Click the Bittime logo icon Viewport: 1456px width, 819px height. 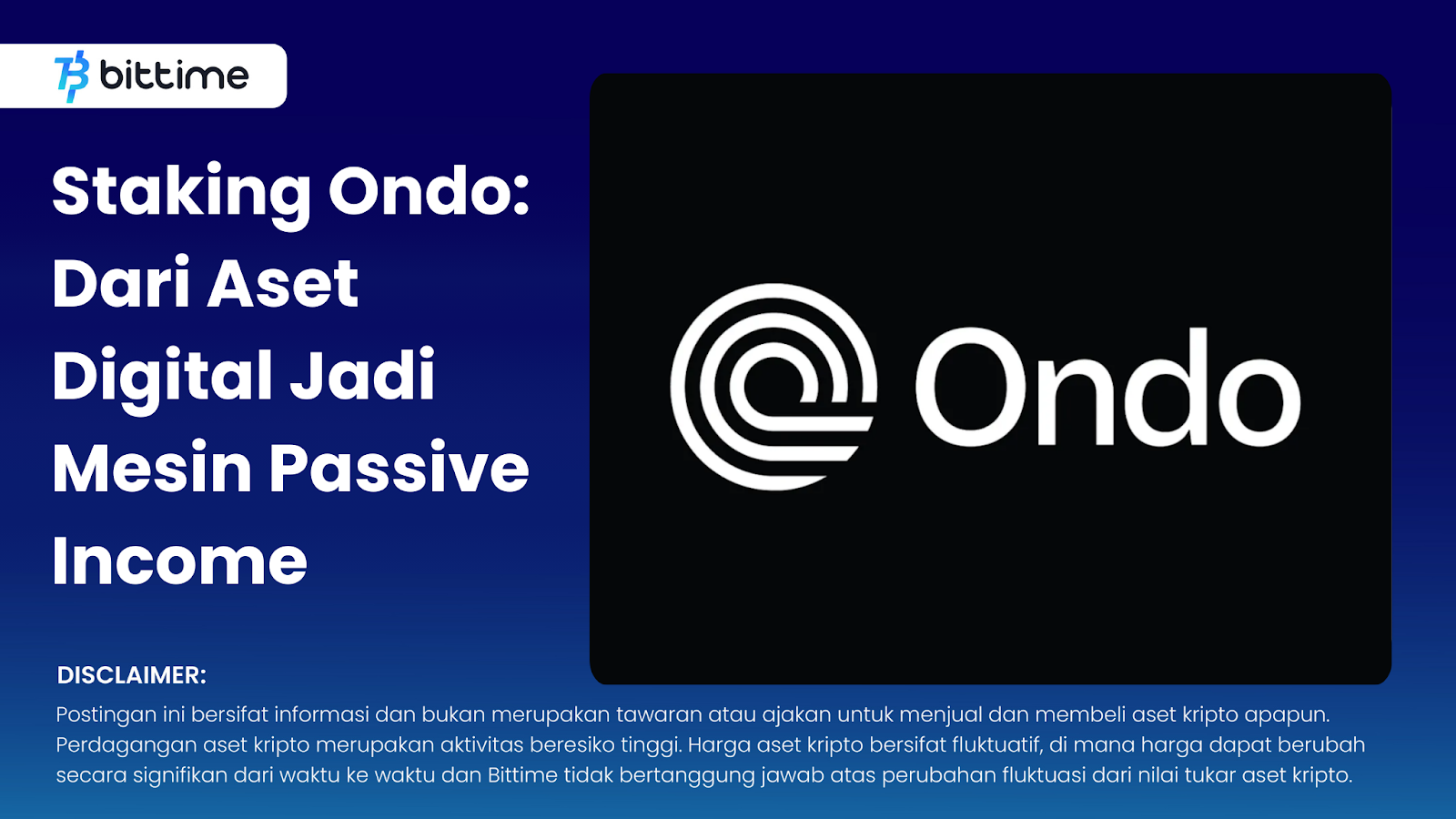72,76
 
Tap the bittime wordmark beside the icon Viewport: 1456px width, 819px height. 174,76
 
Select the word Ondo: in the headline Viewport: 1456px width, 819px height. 429,191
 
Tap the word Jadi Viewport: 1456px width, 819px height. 363,374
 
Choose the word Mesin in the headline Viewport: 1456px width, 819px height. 152,467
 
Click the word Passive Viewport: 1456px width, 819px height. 399,468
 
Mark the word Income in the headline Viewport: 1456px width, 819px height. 180,561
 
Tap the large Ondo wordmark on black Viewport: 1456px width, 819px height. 1108,388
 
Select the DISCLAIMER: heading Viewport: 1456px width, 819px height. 132,675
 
